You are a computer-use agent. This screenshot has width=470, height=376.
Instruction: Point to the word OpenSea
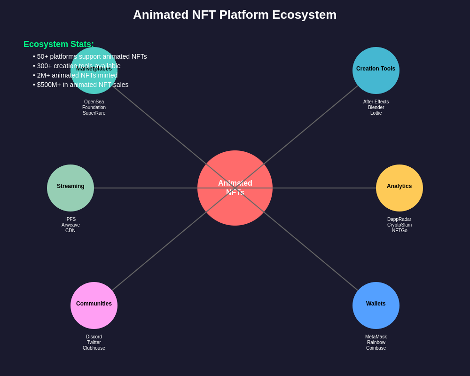pyautogui.click(x=94, y=102)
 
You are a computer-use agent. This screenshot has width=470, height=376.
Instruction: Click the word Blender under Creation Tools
pyautogui.click(x=376, y=108)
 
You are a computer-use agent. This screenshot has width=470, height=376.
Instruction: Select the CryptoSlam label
pyautogui.click(x=399, y=225)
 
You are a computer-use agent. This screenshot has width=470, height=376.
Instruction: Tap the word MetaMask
pyautogui.click(x=376, y=337)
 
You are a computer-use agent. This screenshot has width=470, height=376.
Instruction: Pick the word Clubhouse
pyautogui.click(x=94, y=348)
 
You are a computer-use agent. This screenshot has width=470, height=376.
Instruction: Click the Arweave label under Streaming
pyautogui.click(x=70, y=225)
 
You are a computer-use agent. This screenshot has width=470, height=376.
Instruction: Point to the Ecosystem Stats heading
pyautogui.click(x=59, y=44)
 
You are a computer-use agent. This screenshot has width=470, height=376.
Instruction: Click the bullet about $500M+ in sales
pyautogui.click(x=81, y=85)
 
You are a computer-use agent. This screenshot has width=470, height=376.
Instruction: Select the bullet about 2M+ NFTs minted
pyautogui.click(x=75, y=75)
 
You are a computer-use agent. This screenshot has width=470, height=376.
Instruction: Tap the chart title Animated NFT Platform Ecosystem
pyautogui.click(x=235, y=15)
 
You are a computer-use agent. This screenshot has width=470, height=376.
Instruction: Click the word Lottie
pyautogui.click(x=376, y=113)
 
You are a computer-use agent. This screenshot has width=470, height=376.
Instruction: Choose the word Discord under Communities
pyautogui.click(x=94, y=337)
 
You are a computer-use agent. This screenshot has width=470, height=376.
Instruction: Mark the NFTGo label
pyautogui.click(x=399, y=231)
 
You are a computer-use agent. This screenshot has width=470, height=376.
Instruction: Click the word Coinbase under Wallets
pyautogui.click(x=376, y=348)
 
